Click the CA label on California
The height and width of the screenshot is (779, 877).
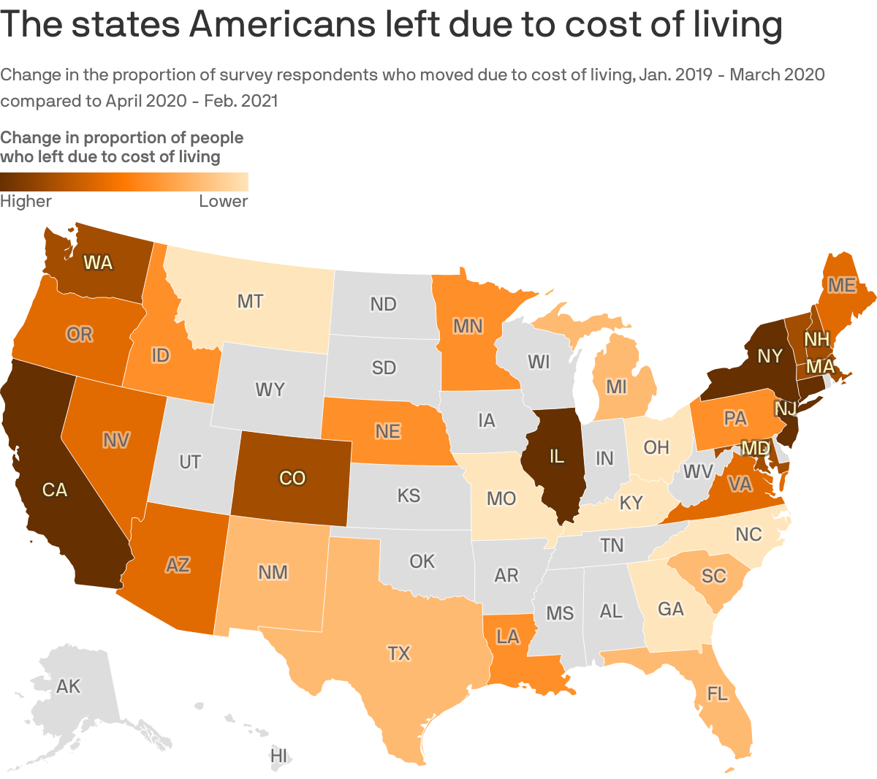click(55, 490)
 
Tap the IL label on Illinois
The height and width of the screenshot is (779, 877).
click(557, 457)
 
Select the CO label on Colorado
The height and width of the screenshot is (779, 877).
click(292, 478)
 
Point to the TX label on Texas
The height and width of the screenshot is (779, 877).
click(399, 653)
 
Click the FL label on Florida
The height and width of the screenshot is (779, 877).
click(718, 693)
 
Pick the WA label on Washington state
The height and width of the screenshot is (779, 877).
click(98, 262)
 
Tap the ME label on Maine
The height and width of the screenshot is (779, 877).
click(842, 285)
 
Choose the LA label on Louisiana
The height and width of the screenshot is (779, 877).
click(507, 636)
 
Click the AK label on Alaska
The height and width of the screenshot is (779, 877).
click(69, 686)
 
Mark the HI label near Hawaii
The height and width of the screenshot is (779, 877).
click(278, 756)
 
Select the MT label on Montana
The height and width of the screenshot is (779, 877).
click(251, 301)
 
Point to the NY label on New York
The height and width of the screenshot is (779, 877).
click(770, 356)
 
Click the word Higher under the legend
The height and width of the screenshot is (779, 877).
click(26, 201)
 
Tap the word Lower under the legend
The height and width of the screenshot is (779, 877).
click(223, 201)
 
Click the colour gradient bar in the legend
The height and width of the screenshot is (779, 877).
click(124, 181)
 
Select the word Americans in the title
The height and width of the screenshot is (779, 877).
click(282, 25)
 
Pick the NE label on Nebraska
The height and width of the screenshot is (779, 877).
click(388, 431)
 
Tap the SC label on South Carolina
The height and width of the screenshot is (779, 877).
click(713, 576)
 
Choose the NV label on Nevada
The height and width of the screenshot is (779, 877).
click(116, 439)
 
